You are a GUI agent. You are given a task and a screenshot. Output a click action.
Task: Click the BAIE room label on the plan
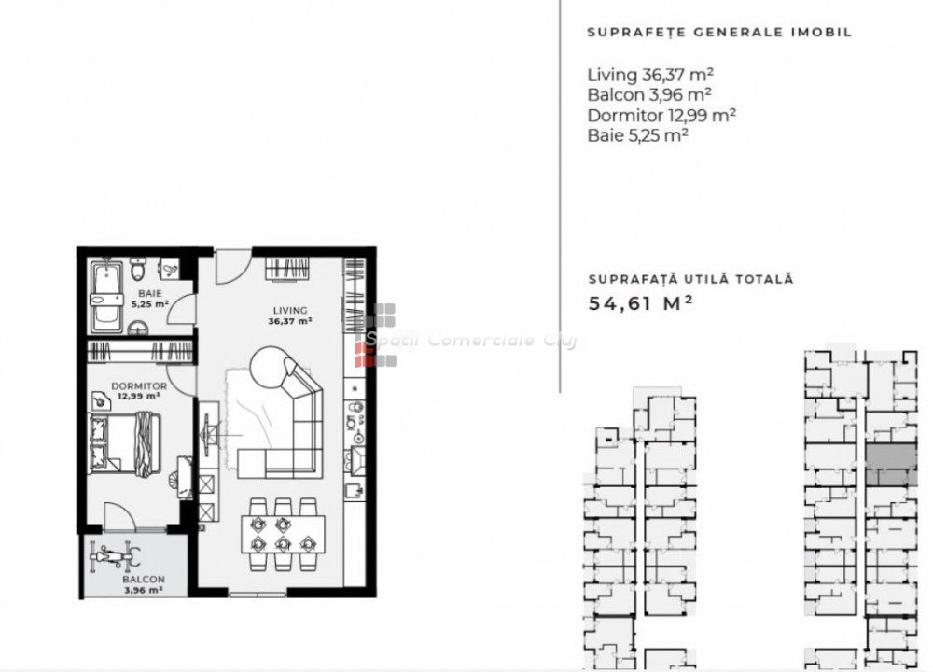pyautogui.click(x=150, y=293)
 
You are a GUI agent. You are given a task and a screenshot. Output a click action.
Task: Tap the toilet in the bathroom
pyautogui.click(x=139, y=270)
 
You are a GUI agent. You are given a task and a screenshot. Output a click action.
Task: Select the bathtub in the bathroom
pyautogui.click(x=107, y=296)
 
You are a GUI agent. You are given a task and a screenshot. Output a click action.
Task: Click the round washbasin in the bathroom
pyautogui.click(x=139, y=327)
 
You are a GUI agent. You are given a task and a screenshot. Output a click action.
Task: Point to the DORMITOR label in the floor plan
pyautogui.click(x=139, y=385)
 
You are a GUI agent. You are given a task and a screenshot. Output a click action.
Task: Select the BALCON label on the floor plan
pyautogui.click(x=144, y=580)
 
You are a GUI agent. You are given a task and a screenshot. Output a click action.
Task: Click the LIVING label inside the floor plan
pyautogui.click(x=290, y=310)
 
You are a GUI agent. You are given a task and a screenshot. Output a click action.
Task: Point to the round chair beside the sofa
pyautogui.click(x=271, y=367)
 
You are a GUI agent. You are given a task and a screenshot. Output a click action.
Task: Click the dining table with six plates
pyautogui.click(x=284, y=535)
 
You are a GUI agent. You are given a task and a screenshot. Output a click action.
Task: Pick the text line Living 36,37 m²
pyautogui.click(x=649, y=75)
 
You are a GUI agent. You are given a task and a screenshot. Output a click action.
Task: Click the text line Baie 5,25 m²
pyautogui.click(x=637, y=135)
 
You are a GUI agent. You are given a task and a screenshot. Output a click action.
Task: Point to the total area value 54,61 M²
pyautogui.click(x=640, y=303)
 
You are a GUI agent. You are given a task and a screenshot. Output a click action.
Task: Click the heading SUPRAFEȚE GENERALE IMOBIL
pyautogui.click(x=719, y=32)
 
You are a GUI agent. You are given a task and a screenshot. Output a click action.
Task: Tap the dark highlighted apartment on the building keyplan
pyautogui.click(x=890, y=464)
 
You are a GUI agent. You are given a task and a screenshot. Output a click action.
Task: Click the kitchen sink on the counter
pyautogui.click(x=355, y=490)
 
